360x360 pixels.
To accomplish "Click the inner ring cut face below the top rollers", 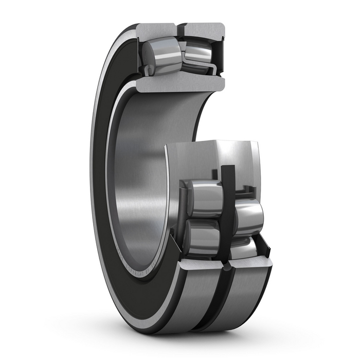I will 180,83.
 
